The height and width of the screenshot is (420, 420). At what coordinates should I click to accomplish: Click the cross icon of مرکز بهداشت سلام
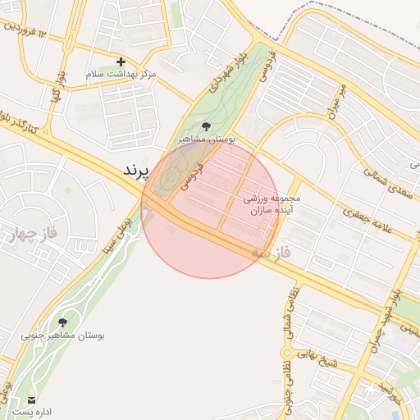pos(121,62)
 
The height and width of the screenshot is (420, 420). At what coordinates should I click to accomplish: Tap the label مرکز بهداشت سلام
pos(121,75)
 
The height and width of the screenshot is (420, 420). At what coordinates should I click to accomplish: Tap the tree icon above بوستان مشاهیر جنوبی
pos(63,322)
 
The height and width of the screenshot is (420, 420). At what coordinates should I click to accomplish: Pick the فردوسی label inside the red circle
pos(189,176)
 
